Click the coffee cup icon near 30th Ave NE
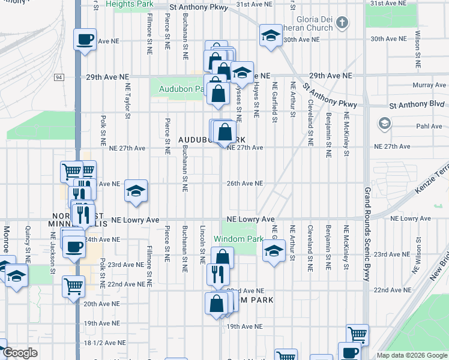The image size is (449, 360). (x=85, y=40)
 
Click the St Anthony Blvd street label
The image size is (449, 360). (x=417, y=105)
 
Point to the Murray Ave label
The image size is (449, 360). (x=429, y=86)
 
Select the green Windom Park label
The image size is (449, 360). (x=238, y=239)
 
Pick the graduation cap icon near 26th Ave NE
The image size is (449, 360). (x=136, y=191)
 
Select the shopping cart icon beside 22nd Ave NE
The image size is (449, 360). (x=74, y=286)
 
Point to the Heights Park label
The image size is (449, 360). (x=129, y=4)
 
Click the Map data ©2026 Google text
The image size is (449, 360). (x=411, y=355)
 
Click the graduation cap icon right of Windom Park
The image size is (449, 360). (x=273, y=253)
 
